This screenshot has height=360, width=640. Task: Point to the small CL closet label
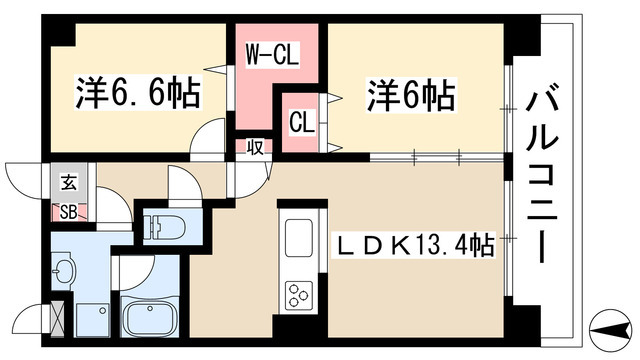click(x=301, y=123)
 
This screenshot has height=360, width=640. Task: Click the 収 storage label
click(x=256, y=147)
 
